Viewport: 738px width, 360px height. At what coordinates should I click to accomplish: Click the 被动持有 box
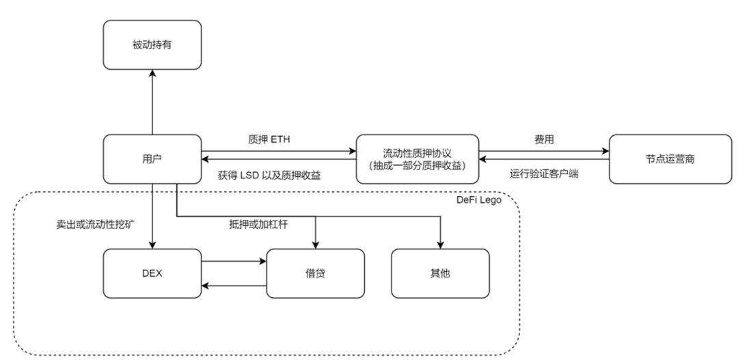(x=152, y=44)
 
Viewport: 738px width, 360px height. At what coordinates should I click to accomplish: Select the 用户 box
(x=152, y=158)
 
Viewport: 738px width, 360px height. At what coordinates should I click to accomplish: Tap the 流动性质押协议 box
(x=417, y=158)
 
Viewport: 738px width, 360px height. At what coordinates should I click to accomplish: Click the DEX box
(x=152, y=273)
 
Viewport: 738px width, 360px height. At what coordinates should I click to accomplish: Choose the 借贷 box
(x=314, y=273)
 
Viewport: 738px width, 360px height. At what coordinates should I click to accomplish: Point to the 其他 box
(x=440, y=273)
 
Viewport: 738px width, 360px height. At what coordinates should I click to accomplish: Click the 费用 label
(x=543, y=139)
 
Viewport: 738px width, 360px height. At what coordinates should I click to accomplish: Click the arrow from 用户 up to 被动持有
(x=152, y=102)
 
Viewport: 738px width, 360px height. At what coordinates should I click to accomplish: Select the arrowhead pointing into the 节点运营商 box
(x=604, y=152)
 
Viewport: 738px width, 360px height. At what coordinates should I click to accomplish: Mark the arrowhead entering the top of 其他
(x=440, y=245)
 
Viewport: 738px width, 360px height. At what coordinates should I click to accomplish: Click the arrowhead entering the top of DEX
(x=152, y=245)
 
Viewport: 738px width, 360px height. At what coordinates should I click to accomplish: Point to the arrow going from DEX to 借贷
(x=232, y=260)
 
